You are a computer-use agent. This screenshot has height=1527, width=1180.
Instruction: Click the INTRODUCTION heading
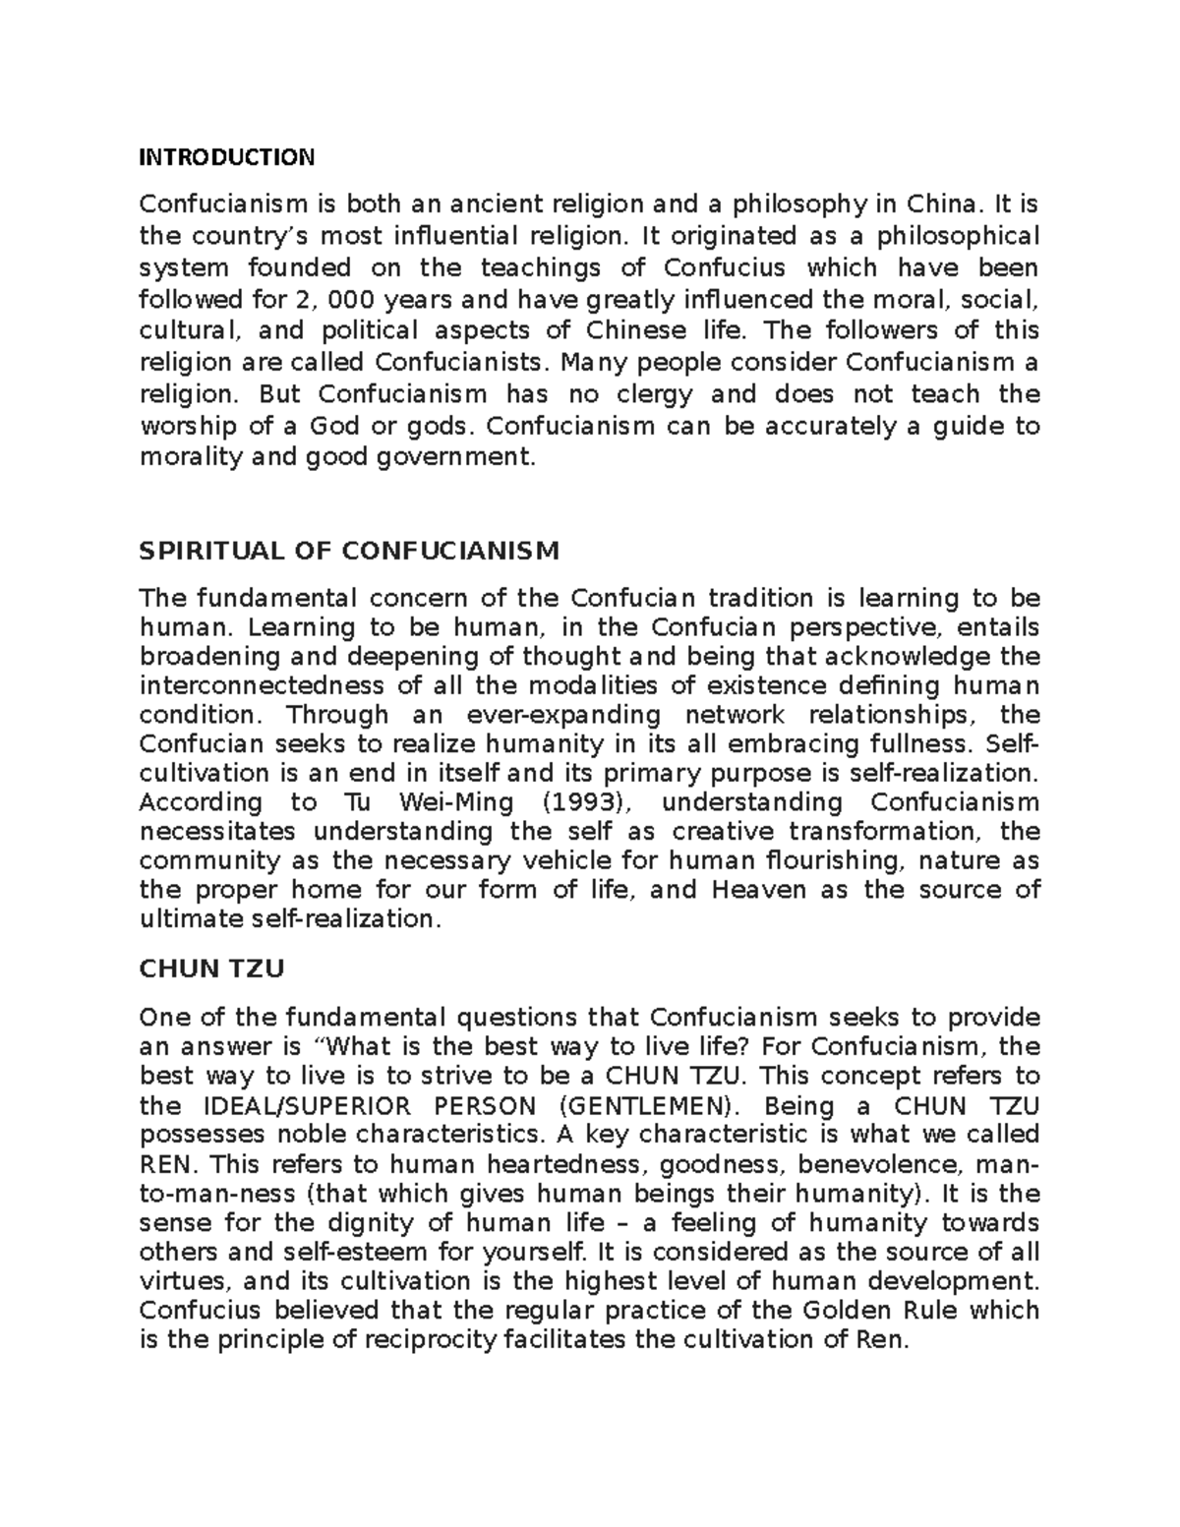[227, 157]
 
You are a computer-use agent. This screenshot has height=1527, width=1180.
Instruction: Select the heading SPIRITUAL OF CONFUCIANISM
[349, 551]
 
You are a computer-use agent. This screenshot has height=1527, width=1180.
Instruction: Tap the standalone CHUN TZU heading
[212, 969]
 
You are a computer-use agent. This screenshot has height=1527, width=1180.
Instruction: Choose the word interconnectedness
[262, 685]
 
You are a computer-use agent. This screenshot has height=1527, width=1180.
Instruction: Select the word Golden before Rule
[848, 1311]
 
